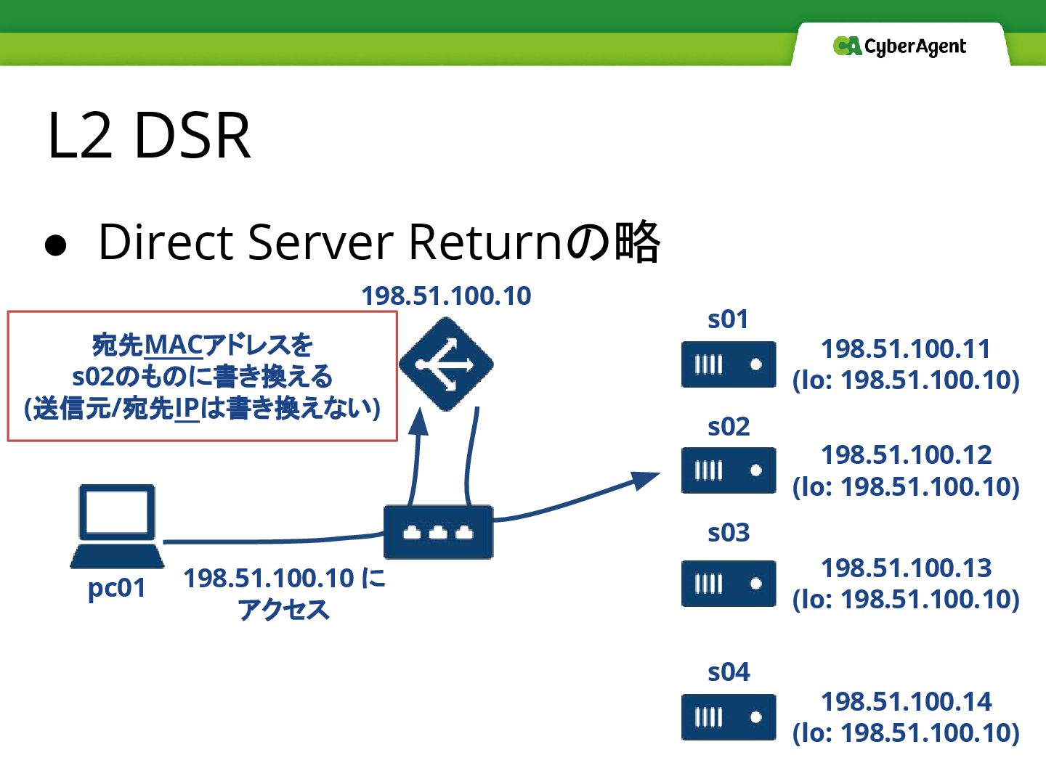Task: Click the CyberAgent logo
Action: point(899,46)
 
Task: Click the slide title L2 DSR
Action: point(149,136)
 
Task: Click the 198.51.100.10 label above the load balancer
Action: point(446,296)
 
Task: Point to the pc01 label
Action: point(116,588)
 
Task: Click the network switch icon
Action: point(438,532)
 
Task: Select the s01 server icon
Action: point(729,364)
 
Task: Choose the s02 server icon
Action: point(729,470)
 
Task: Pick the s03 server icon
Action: point(729,584)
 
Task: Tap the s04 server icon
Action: point(729,717)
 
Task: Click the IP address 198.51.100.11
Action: point(906,349)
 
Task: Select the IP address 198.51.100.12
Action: point(906,455)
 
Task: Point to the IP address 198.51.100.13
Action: point(906,568)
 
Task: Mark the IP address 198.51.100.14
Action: point(906,701)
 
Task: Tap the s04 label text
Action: point(729,672)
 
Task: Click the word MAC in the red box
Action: point(174,345)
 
